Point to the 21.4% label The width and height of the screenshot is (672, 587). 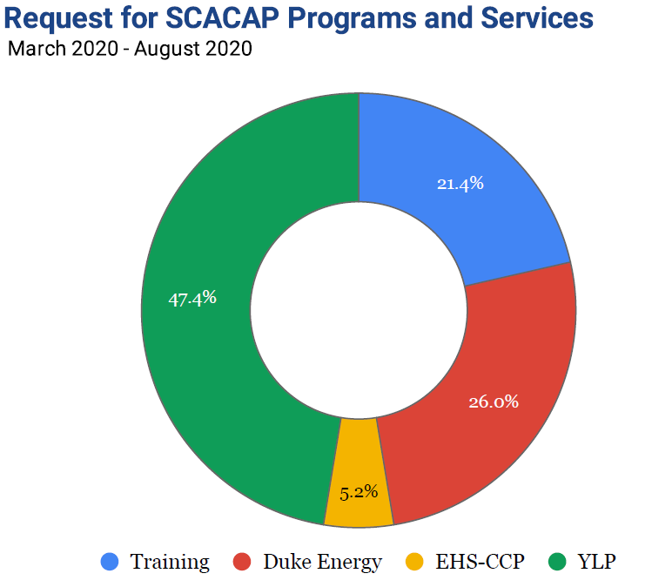[x=460, y=184]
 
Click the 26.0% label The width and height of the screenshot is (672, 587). [x=494, y=401]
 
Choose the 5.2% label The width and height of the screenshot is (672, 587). [x=359, y=492]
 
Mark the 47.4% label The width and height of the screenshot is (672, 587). [x=192, y=298]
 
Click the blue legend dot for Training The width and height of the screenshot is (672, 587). [x=110, y=563]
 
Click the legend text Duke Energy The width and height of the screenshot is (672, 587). [x=322, y=563]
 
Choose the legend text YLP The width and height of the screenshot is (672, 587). [x=596, y=563]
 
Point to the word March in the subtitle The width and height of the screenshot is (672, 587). [x=36, y=49]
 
